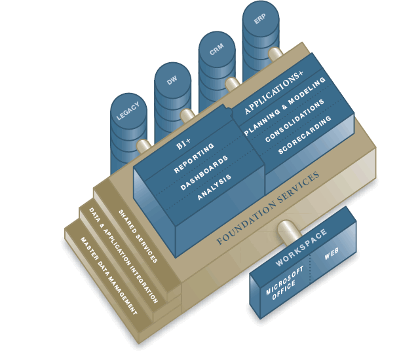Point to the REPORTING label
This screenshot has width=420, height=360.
194,160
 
